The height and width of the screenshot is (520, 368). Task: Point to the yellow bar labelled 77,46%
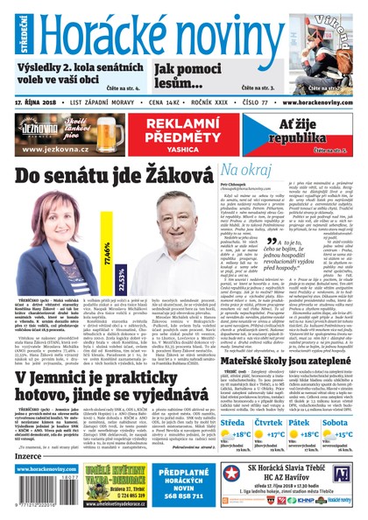[107, 255]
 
